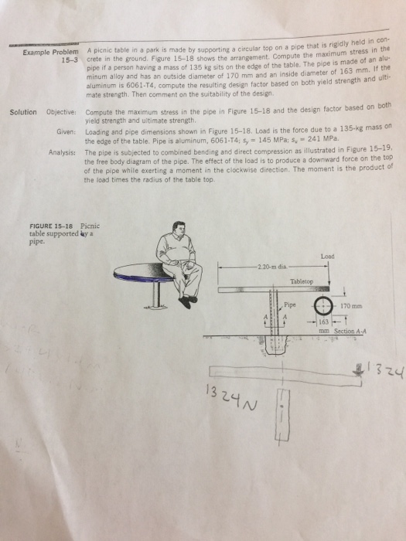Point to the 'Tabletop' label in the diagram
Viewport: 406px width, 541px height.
tap(301, 282)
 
